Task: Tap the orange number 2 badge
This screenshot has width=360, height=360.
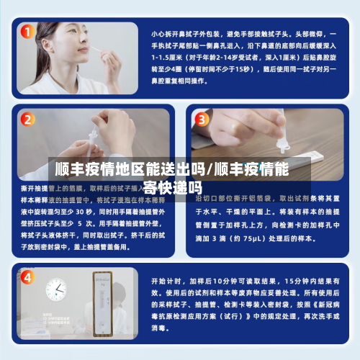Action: (x=27, y=120)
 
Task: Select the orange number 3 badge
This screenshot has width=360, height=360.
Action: (x=202, y=120)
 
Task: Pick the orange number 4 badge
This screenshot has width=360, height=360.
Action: (x=27, y=277)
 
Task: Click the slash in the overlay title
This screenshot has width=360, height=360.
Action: (x=210, y=171)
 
